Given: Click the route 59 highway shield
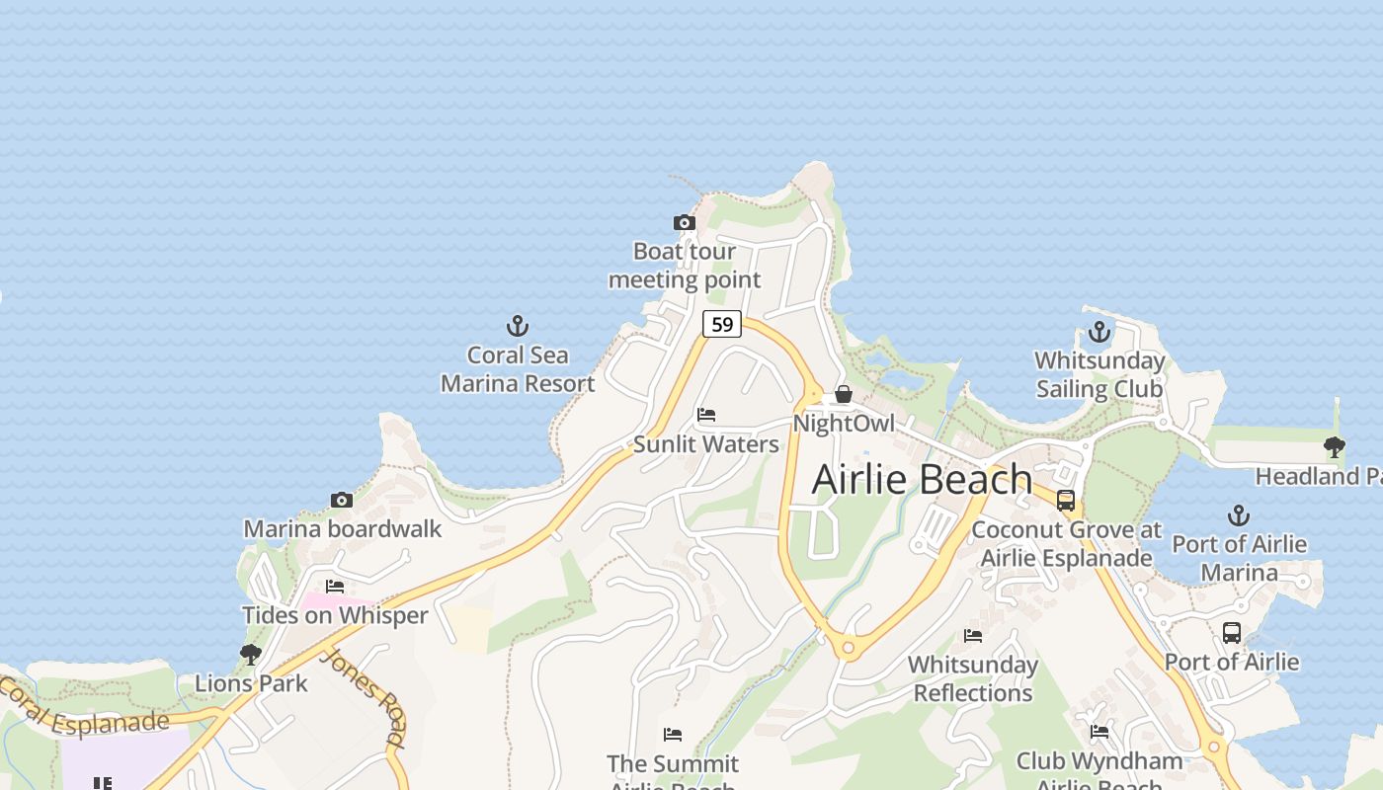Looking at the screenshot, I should point(722,324).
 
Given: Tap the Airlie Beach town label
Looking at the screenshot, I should point(922,479).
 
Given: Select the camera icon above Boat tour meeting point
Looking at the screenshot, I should point(685,223).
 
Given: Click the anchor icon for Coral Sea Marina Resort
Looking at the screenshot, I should point(518,326).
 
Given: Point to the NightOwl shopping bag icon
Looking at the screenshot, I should point(844,394).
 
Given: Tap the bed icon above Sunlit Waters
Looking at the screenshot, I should point(706,415).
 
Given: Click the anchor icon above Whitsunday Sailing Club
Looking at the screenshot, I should point(1099,332).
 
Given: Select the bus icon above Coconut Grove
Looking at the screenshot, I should point(1066,501).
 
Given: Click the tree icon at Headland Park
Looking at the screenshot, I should point(1335,447).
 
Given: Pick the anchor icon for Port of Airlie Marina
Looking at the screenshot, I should point(1239,515).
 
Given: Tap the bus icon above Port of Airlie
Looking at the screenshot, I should point(1232,633).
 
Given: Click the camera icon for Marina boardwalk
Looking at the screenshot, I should point(342,501).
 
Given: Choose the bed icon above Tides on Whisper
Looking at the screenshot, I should point(335,587).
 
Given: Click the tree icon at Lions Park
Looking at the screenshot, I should point(251,654).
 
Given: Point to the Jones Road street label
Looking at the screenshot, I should point(364,697).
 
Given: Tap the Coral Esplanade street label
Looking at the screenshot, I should point(84,710).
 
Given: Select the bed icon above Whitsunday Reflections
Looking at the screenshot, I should point(973,636).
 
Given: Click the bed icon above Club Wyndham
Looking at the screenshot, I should point(1099,732).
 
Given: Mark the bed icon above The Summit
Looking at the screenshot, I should point(673,735).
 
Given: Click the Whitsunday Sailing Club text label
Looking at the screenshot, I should point(1099,374).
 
